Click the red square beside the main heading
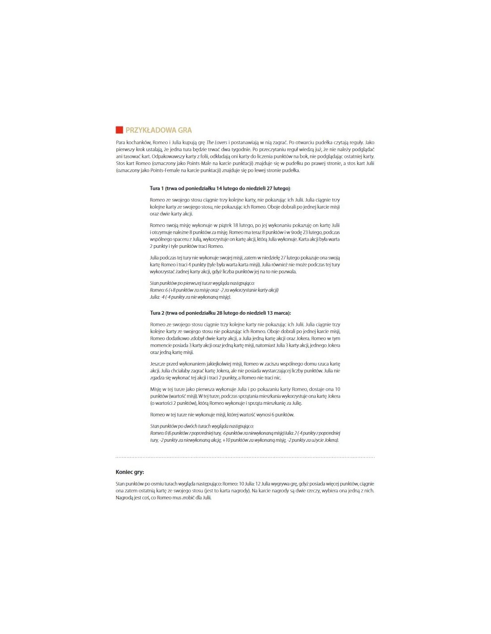[x=119, y=130]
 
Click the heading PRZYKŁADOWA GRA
[x=158, y=130]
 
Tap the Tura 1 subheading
[x=220, y=188]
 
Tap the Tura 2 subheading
[x=220, y=313]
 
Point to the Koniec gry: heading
[x=130, y=472]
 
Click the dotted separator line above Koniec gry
[x=245, y=457]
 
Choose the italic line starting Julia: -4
[x=190, y=297]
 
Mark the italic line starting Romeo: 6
[x=214, y=290]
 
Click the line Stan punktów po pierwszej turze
[x=202, y=283]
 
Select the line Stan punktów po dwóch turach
[x=202, y=426]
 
